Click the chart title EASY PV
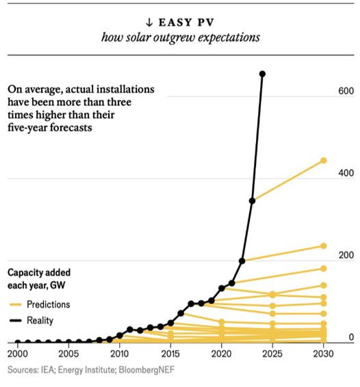click(187, 20)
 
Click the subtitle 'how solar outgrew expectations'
click(180, 37)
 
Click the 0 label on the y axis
click(350, 337)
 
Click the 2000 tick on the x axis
click(17, 355)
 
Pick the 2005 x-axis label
click(68, 355)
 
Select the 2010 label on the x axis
click(119, 355)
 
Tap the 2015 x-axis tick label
click(170, 355)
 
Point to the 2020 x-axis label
click(221, 355)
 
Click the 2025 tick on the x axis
click(272, 355)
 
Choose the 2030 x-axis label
click(323, 355)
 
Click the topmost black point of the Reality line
click(262, 74)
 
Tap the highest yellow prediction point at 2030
click(324, 161)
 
